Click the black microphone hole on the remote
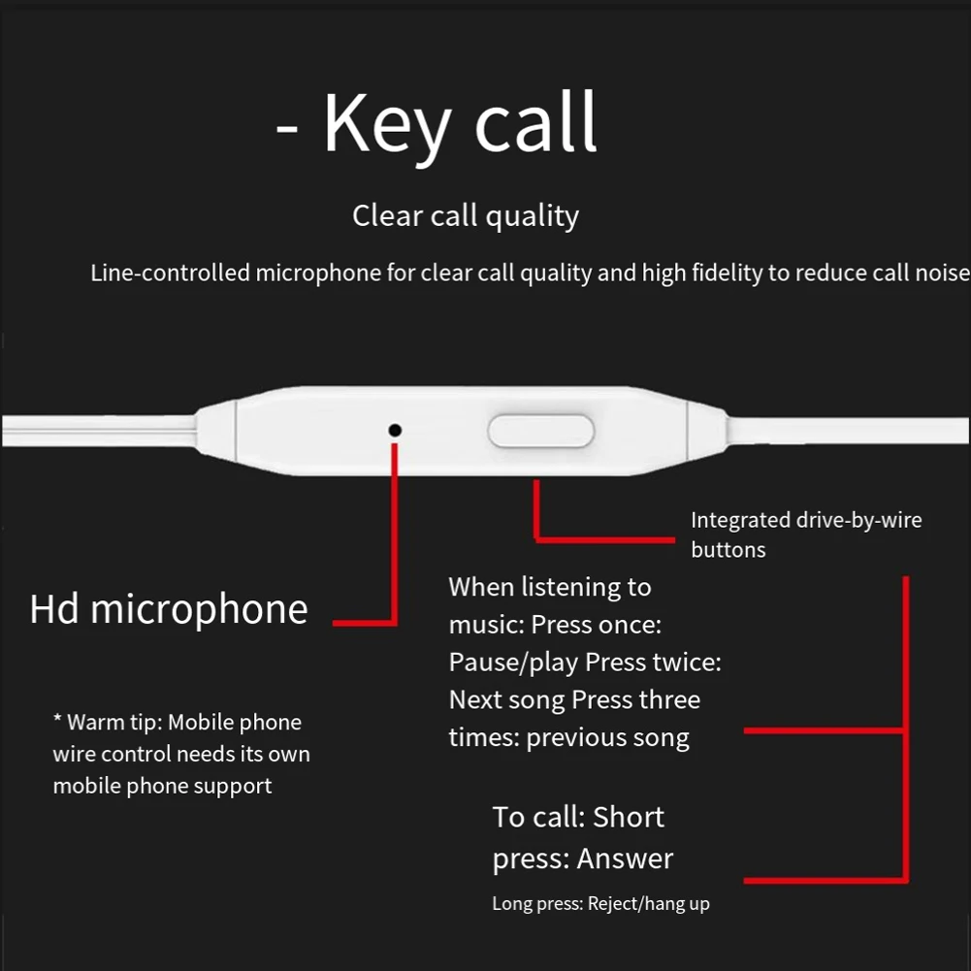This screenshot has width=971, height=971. tap(395, 430)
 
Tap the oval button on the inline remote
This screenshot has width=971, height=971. tap(540, 431)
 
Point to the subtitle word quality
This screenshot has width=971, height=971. tap(532, 216)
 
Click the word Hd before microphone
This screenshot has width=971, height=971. tap(54, 609)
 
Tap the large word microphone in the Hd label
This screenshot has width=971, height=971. tap(200, 610)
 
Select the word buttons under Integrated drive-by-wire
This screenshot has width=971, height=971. tap(728, 549)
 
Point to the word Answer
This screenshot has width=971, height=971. tap(625, 858)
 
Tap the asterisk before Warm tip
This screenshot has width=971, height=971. tap(57, 719)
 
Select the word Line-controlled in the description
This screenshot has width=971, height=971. tap(170, 273)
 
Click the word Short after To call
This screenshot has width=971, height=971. tap(629, 817)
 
